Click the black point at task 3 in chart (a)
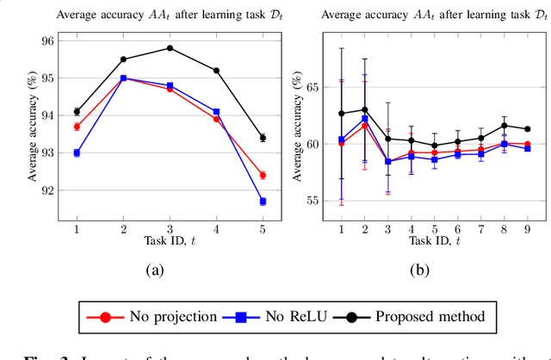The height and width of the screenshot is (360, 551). pos(170,48)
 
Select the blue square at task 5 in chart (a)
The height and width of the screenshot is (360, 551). pos(263,202)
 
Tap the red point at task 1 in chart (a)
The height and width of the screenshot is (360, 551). pos(77,127)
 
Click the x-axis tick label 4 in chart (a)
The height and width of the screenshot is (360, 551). pos(216,229)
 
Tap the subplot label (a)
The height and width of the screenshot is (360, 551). pos(154,270)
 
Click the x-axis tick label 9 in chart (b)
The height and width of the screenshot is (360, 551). pos(527,229)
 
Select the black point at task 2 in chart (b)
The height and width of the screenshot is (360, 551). pos(365,109)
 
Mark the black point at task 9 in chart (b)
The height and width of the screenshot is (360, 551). pos(527,129)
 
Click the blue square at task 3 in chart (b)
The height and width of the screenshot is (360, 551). pos(388,162)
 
